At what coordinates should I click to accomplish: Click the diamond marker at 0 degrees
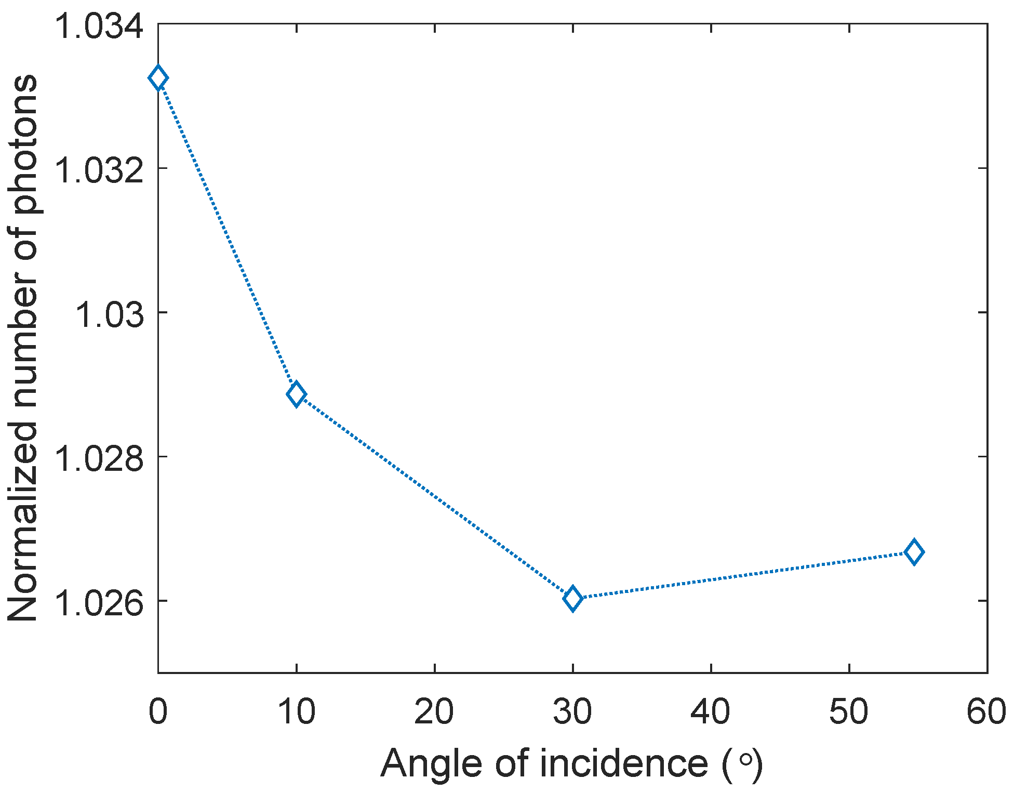click(158, 78)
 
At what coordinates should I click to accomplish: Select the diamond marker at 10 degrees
click(296, 394)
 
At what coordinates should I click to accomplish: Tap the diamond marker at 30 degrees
click(572, 598)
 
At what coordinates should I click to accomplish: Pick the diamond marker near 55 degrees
click(914, 552)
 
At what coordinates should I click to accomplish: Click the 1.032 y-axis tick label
click(99, 169)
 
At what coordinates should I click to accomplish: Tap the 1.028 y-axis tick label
click(99, 458)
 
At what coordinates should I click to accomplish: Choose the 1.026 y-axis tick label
click(99, 602)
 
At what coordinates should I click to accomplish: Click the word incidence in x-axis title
click(624, 763)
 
